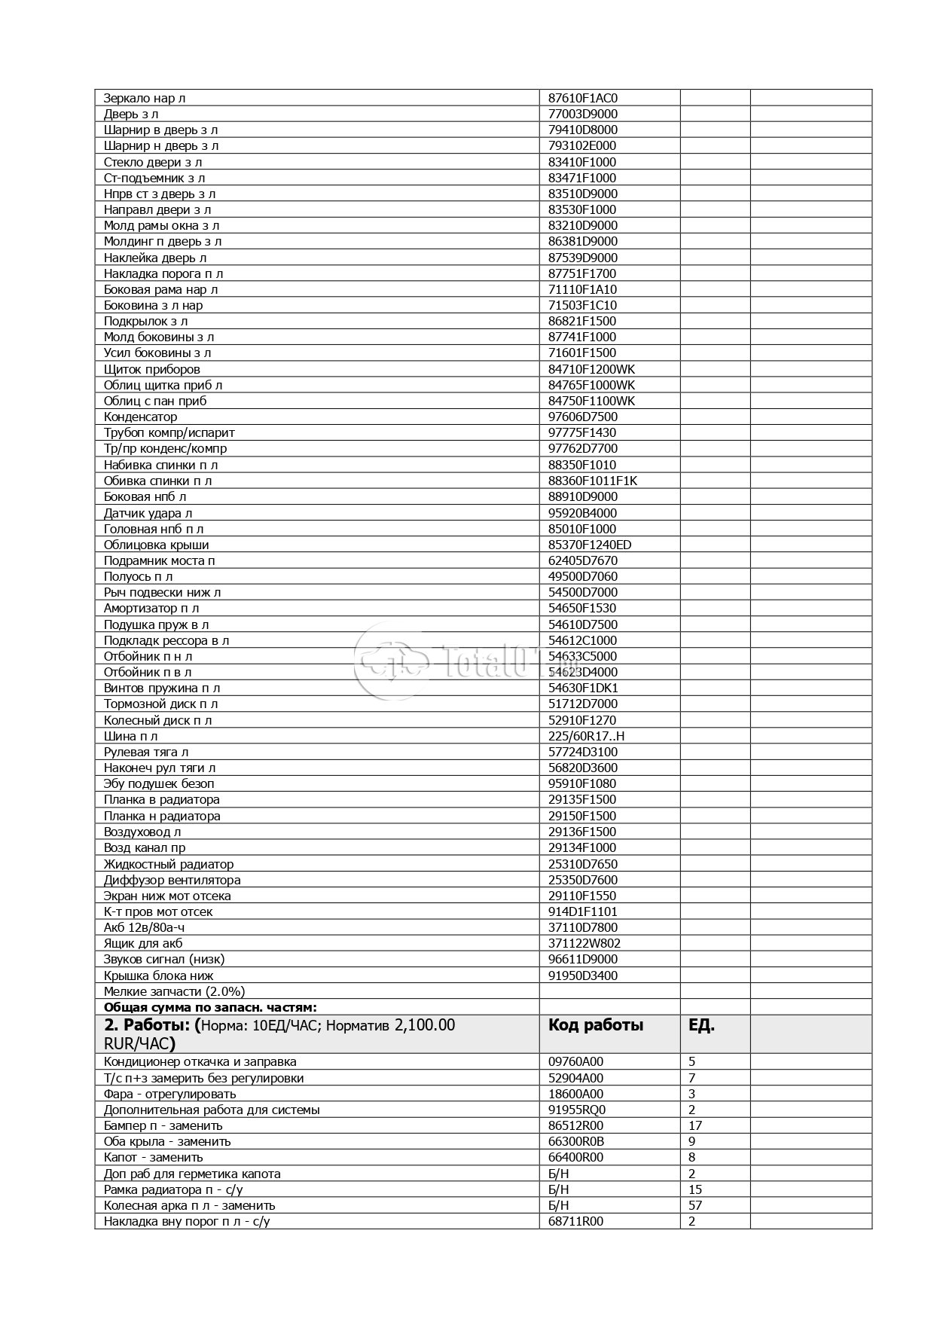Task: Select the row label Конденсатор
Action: [x=140, y=417]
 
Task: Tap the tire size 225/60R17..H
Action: [x=587, y=736]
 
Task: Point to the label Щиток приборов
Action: [x=152, y=369]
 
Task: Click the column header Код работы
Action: [x=595, y=1025]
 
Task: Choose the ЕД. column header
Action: [x=701, y=1025]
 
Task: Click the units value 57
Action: [x=695, y=1205]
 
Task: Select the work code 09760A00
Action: [x=575, y=1061]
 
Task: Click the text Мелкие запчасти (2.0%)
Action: [x=174, y=991]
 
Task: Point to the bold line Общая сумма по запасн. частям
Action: [x=210, y=1007]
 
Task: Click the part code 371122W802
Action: [x=585, y=943]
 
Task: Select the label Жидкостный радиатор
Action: [x=169, y=864]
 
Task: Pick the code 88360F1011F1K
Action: [x=593, y=481]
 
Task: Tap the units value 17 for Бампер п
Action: [x=695, y=1125]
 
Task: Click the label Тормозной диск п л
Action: [x=160, y=704]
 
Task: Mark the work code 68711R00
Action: [x=575, y=1221]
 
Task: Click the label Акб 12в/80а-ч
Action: [x=144, y=927]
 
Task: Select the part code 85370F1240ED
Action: [x=590, y=545]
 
